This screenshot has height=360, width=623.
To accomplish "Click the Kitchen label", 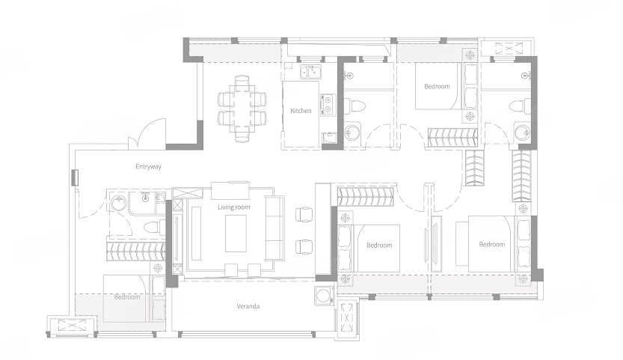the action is (301, 111).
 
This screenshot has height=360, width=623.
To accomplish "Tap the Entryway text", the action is (148, 167).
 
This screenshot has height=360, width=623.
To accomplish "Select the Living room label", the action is (233, 207).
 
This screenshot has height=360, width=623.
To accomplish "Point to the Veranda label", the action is (248, 306).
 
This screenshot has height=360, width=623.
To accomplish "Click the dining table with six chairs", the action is (242, 109).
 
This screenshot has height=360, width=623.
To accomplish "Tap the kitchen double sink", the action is (310, 72).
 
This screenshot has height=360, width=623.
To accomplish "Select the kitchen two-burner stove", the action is (328, 105).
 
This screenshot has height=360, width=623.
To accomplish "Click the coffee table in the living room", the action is (236, 234).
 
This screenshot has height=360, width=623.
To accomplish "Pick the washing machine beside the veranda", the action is (322, 296).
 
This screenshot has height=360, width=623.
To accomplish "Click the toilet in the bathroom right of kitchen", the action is (355, 106).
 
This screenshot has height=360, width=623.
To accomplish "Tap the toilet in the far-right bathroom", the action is (520, 106).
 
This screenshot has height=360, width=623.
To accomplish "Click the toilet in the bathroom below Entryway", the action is (153, 228).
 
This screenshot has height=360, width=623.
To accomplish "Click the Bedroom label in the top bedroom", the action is (437, 86).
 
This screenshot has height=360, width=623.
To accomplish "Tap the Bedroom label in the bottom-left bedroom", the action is (127, 297).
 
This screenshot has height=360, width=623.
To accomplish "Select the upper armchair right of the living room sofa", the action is (304, 215).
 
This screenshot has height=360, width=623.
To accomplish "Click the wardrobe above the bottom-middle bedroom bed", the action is (365, 197).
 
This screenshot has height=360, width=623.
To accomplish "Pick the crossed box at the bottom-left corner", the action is (72, 326).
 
